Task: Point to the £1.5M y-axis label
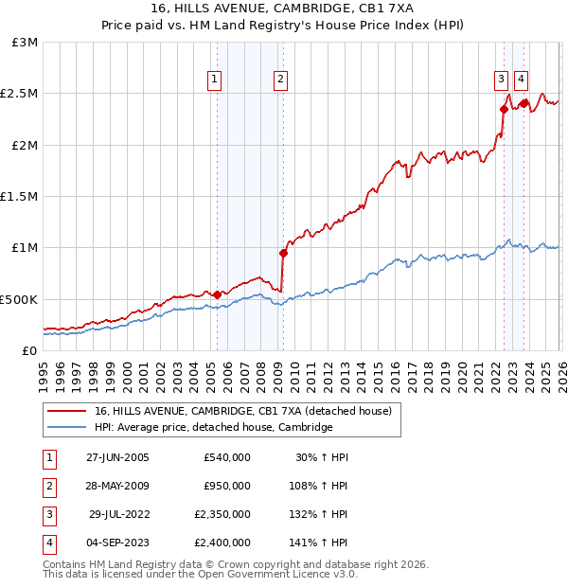(x=20, y=197)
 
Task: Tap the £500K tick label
(x=20, y=299)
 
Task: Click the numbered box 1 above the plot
(x=217, y=80)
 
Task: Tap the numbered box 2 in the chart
(x=281, y=80)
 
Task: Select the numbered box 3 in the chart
(x=501, y=80)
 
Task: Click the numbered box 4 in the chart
(x=522, y=80)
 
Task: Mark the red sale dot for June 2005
(x=218, y=294)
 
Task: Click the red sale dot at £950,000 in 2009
(x=283, y=253)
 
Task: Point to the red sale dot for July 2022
(x=504, y=109)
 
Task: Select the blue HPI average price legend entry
(x=213, y=427)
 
